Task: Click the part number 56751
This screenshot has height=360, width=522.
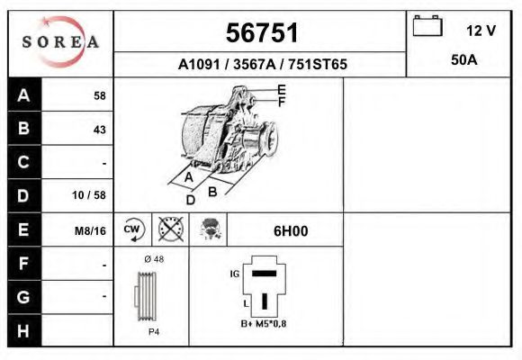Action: [261, 32]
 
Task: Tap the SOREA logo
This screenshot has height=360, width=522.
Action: [60, 42]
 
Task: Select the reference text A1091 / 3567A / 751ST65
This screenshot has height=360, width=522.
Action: [261, 65]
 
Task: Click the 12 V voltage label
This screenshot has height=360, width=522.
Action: [481, 31]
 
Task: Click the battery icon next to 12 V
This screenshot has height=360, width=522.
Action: [427, 28]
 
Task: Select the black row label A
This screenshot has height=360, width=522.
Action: [24, 95]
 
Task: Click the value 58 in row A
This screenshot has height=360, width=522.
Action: [99, 95]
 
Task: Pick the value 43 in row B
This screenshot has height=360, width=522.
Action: [99, 130]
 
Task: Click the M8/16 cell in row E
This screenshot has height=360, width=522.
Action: [91, 230]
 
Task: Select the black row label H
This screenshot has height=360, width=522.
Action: [24, 330]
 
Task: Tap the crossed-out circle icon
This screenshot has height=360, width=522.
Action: [171, 230]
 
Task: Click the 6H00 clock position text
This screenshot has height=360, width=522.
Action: [291, 230]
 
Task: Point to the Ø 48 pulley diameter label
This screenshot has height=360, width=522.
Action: [154, 260]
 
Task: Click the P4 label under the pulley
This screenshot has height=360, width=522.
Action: [153, 331]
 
